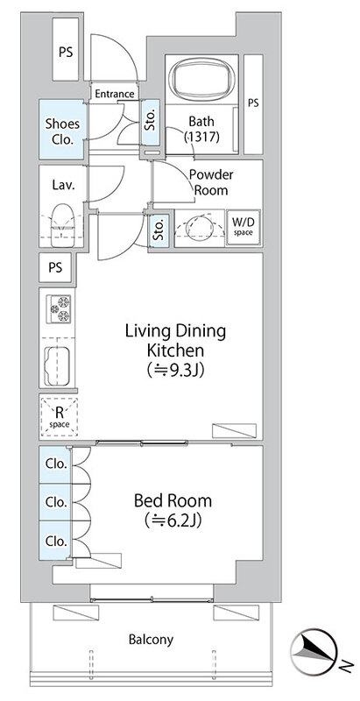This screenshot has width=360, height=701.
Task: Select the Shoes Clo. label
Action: [62, 131]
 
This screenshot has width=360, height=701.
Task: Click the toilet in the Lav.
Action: [61, 224]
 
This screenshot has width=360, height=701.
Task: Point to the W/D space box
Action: [244, 228]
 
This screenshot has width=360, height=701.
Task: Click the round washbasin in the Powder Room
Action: [199, 228]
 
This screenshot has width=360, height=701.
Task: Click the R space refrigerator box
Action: [59, 417]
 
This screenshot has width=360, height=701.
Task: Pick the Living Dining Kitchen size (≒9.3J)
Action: [175, 370]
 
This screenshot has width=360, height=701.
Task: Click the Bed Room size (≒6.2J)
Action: [173, 520]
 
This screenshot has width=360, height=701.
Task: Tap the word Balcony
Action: [151, 640]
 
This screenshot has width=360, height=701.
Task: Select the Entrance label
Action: [115, 94]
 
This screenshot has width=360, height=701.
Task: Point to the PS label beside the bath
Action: [253, 103]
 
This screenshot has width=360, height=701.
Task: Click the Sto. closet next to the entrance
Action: [151, 122]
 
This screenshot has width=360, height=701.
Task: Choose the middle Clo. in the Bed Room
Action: [56, 502]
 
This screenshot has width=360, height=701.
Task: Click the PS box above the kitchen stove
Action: [55, 267]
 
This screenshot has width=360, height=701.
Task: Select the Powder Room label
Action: [211, 182]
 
